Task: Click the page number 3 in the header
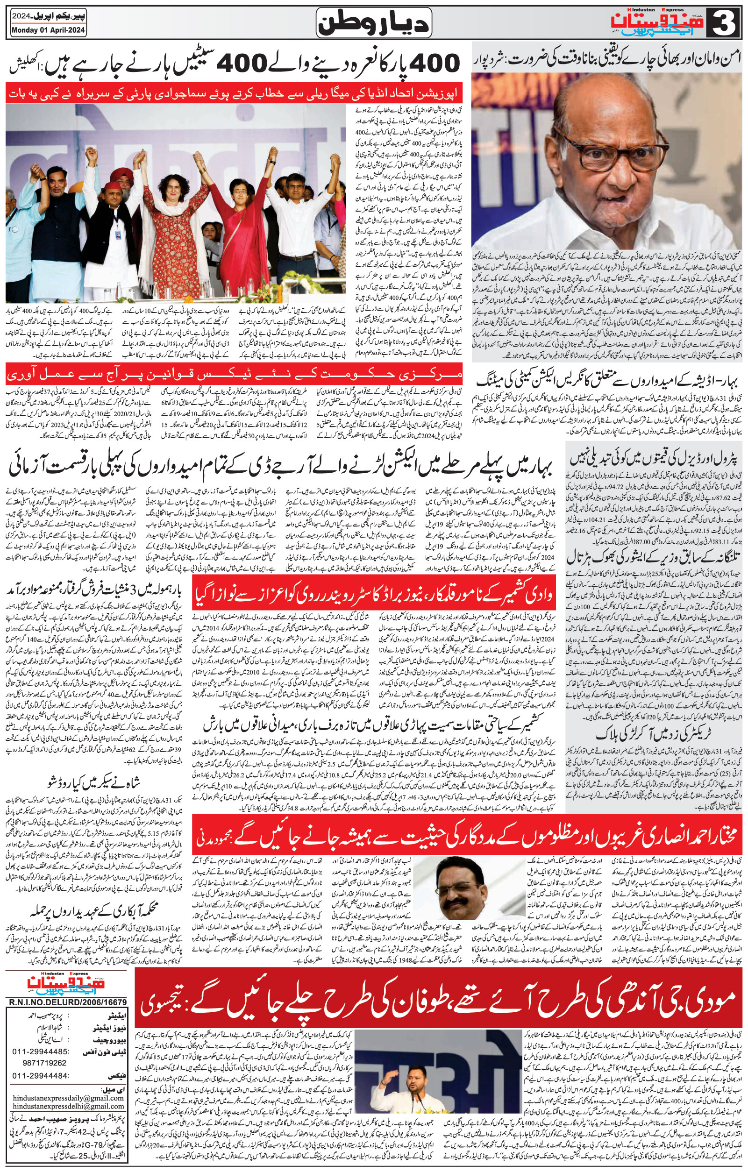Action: [725, 22]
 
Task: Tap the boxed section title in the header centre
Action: [374, 23]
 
